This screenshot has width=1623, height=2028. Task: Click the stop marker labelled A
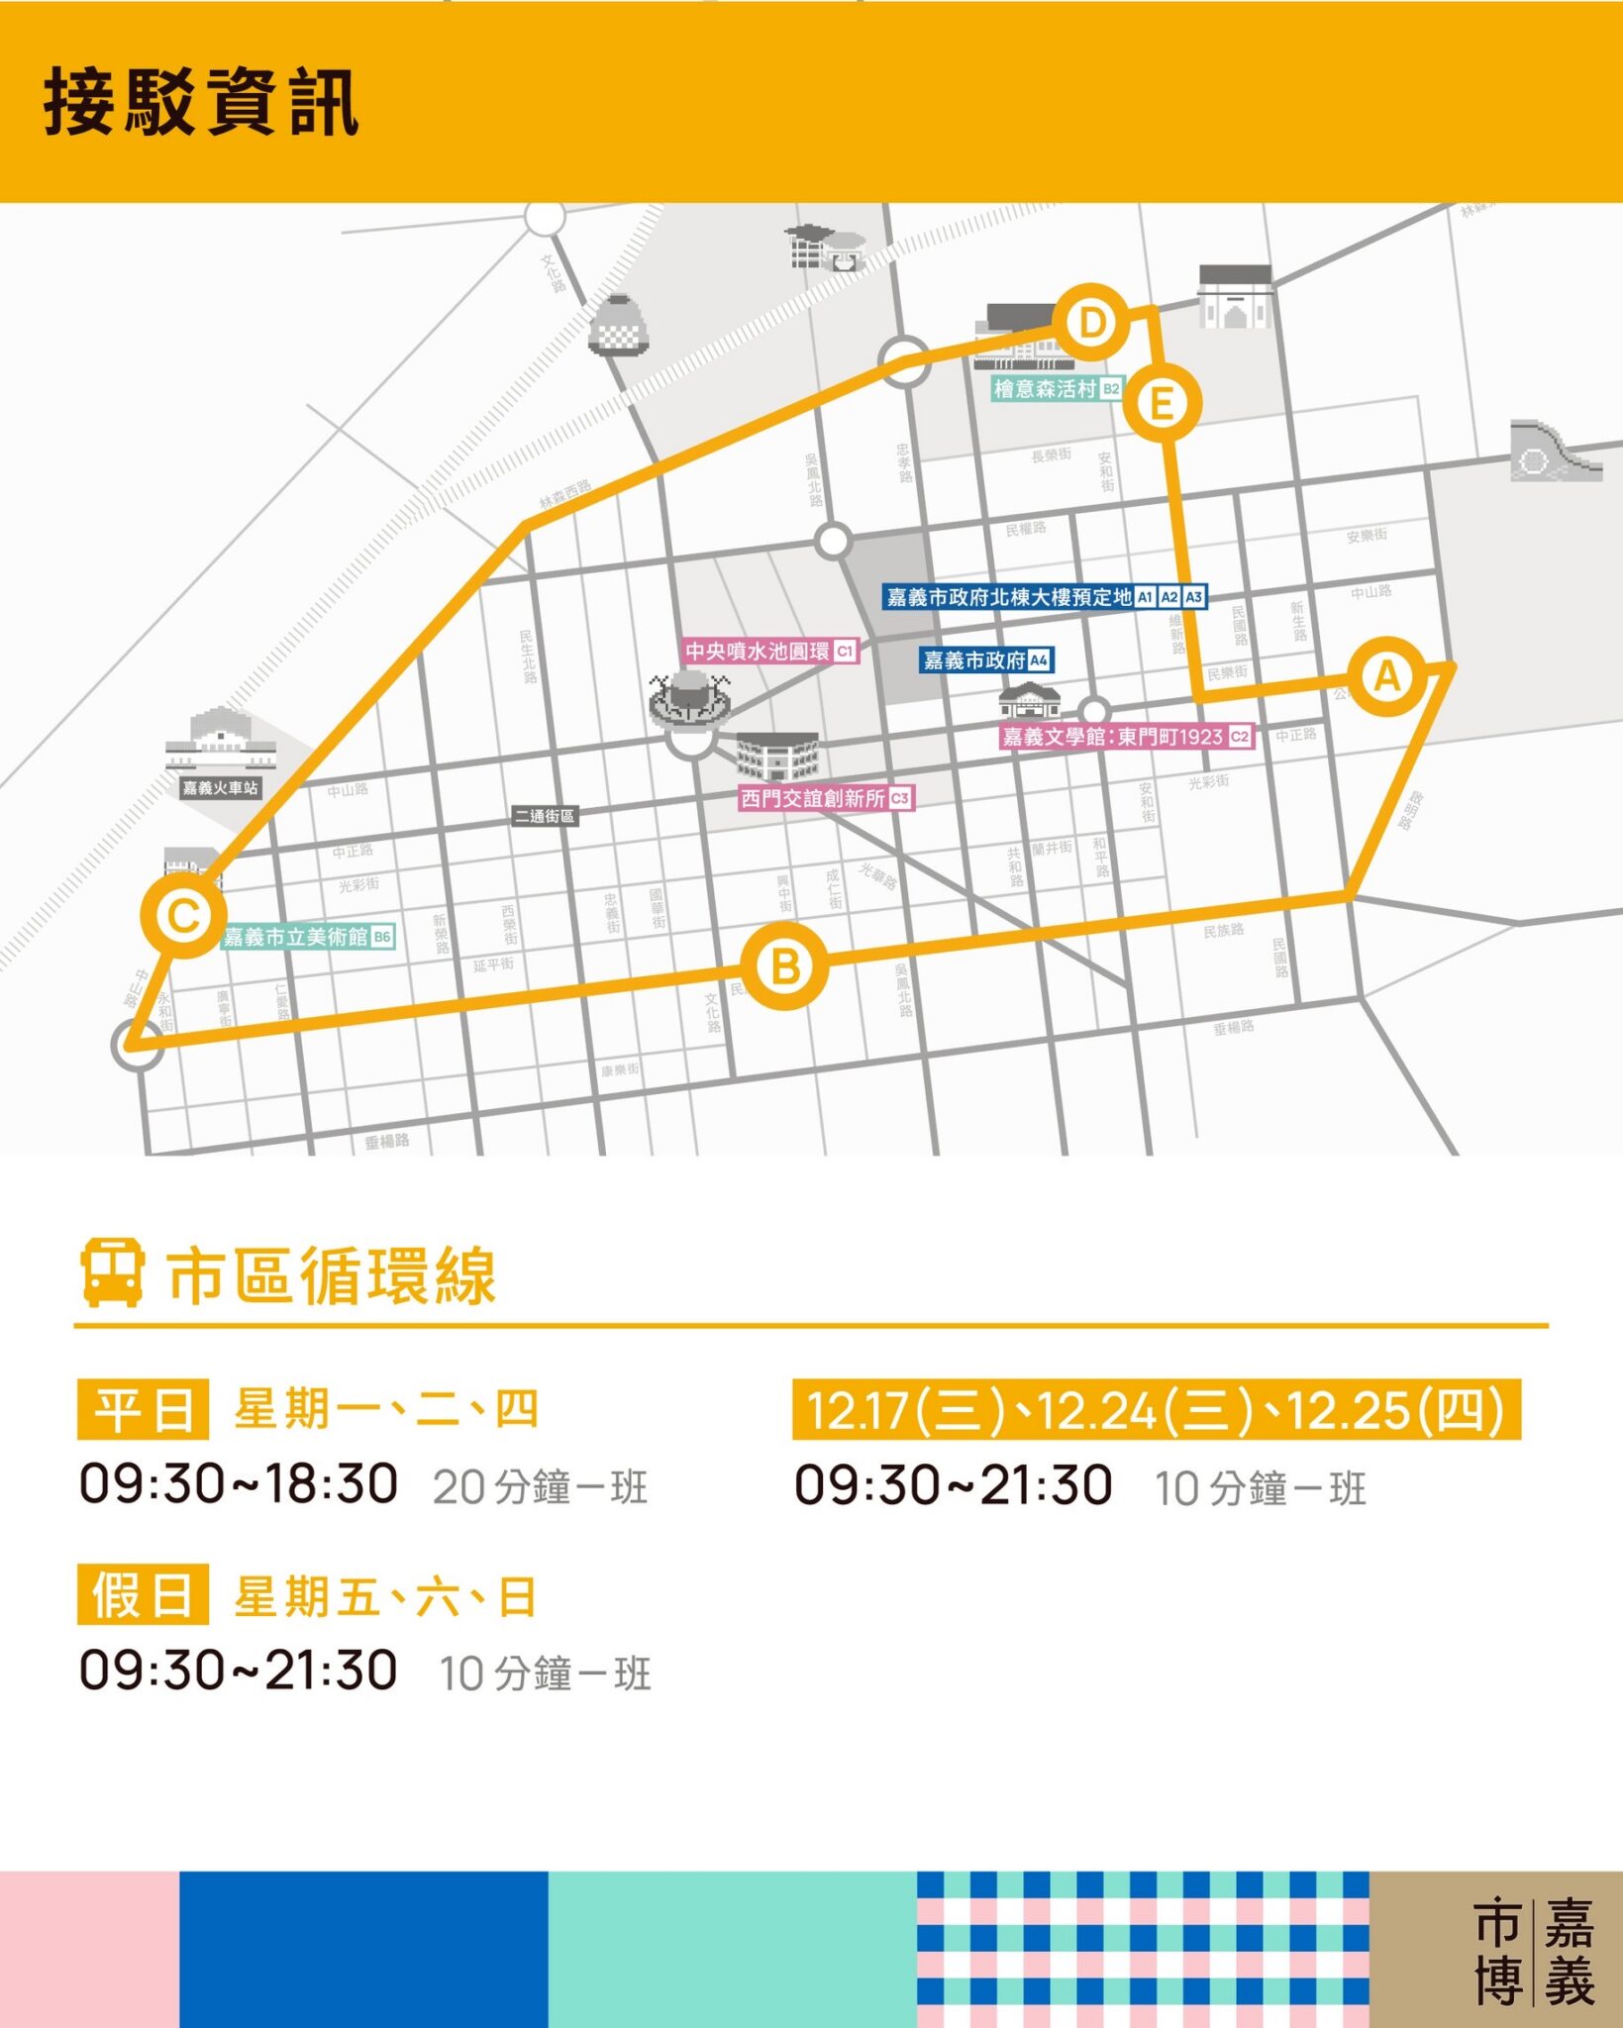1387,676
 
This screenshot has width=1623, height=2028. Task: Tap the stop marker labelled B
785,966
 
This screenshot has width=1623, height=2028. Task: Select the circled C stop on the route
184,915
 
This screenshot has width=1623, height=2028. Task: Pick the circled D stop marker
1091,323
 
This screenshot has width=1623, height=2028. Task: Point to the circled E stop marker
1162,403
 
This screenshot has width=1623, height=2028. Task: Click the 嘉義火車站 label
220,788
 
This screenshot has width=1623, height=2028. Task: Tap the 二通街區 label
544,816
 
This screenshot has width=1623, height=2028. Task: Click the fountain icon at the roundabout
690,695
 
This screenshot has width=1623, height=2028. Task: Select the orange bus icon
112,1272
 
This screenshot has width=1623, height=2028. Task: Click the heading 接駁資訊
201,102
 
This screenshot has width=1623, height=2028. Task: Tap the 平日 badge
143,1409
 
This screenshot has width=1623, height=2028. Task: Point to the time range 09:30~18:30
239,1483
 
